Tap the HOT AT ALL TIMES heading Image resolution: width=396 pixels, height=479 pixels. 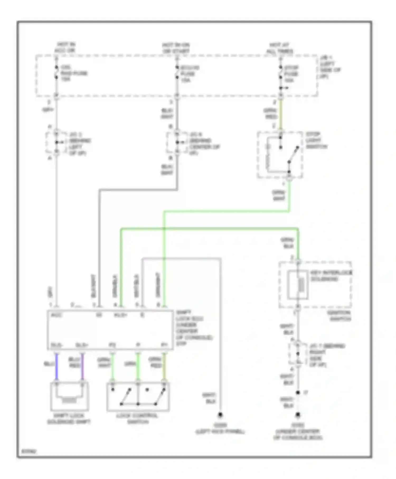[x=280, y=48]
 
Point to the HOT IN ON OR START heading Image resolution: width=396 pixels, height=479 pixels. [x=176, y=48]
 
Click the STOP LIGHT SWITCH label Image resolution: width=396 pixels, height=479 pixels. [x=316, y=140]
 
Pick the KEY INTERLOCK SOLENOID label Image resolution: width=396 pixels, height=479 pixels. [x=331, y=276]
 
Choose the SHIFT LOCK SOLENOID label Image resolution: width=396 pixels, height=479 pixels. [x=69, y=419]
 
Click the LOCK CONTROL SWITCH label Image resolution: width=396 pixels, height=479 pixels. [x=138, y=419]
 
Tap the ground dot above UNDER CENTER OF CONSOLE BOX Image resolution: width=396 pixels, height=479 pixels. [x=298, y=415]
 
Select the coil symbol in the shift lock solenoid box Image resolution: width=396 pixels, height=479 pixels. [x=69, y=400]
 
